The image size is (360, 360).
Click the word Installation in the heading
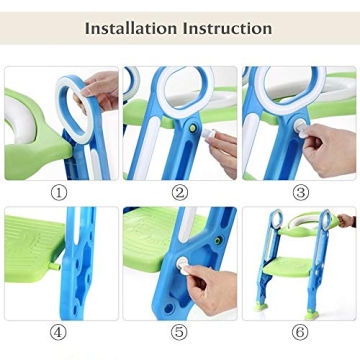(x=131, y=28)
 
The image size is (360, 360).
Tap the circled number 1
(x=59, y=193)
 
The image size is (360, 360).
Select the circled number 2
(x=180, y=193)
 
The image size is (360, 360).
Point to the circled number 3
(x=301, y=193)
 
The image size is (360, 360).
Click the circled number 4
(x=58, y=332)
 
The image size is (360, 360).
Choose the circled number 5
(x=179, y=332)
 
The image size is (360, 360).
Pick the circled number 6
(x=300, y=332)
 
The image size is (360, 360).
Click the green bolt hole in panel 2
(x=193, y=128)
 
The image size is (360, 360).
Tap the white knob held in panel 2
(x=210, y=134)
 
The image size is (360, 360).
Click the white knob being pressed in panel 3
(x=300, y=128)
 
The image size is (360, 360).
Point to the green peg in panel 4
(x=56, y=266)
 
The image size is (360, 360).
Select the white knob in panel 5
(x=183, y=266)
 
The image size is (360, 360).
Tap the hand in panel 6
(x=347, y=221)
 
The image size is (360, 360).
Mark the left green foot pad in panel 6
(x=261, y=307)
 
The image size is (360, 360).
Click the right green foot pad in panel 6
(x=312, y=315)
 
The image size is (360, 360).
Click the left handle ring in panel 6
(x=277, y=219)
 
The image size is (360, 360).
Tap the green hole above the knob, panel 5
(x=218, y=240)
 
